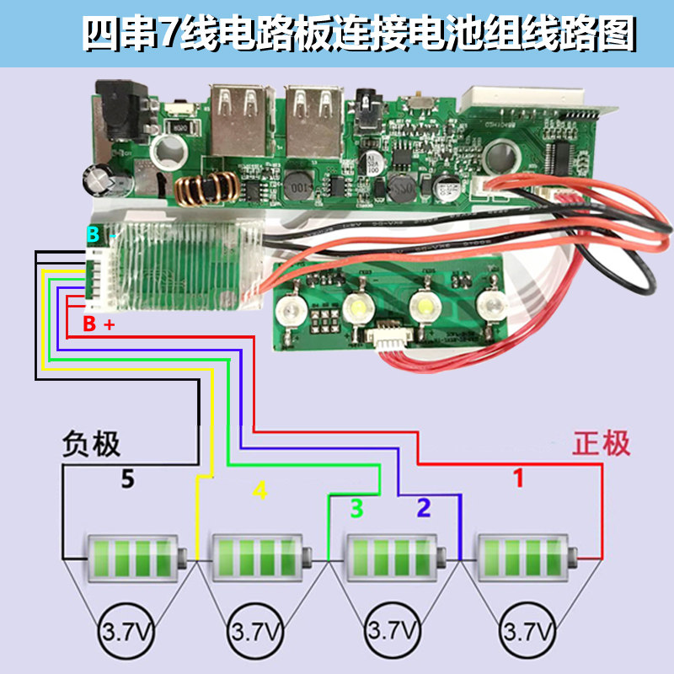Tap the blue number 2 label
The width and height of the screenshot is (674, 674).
click(x=423, y=507)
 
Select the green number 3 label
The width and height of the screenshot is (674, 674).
click(x=356, y=508)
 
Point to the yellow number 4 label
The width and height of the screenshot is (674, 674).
click(x=260, y=489)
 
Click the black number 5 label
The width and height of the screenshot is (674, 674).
click(x=127, y=480)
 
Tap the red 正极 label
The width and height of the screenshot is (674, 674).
click(x=602, y=444)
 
